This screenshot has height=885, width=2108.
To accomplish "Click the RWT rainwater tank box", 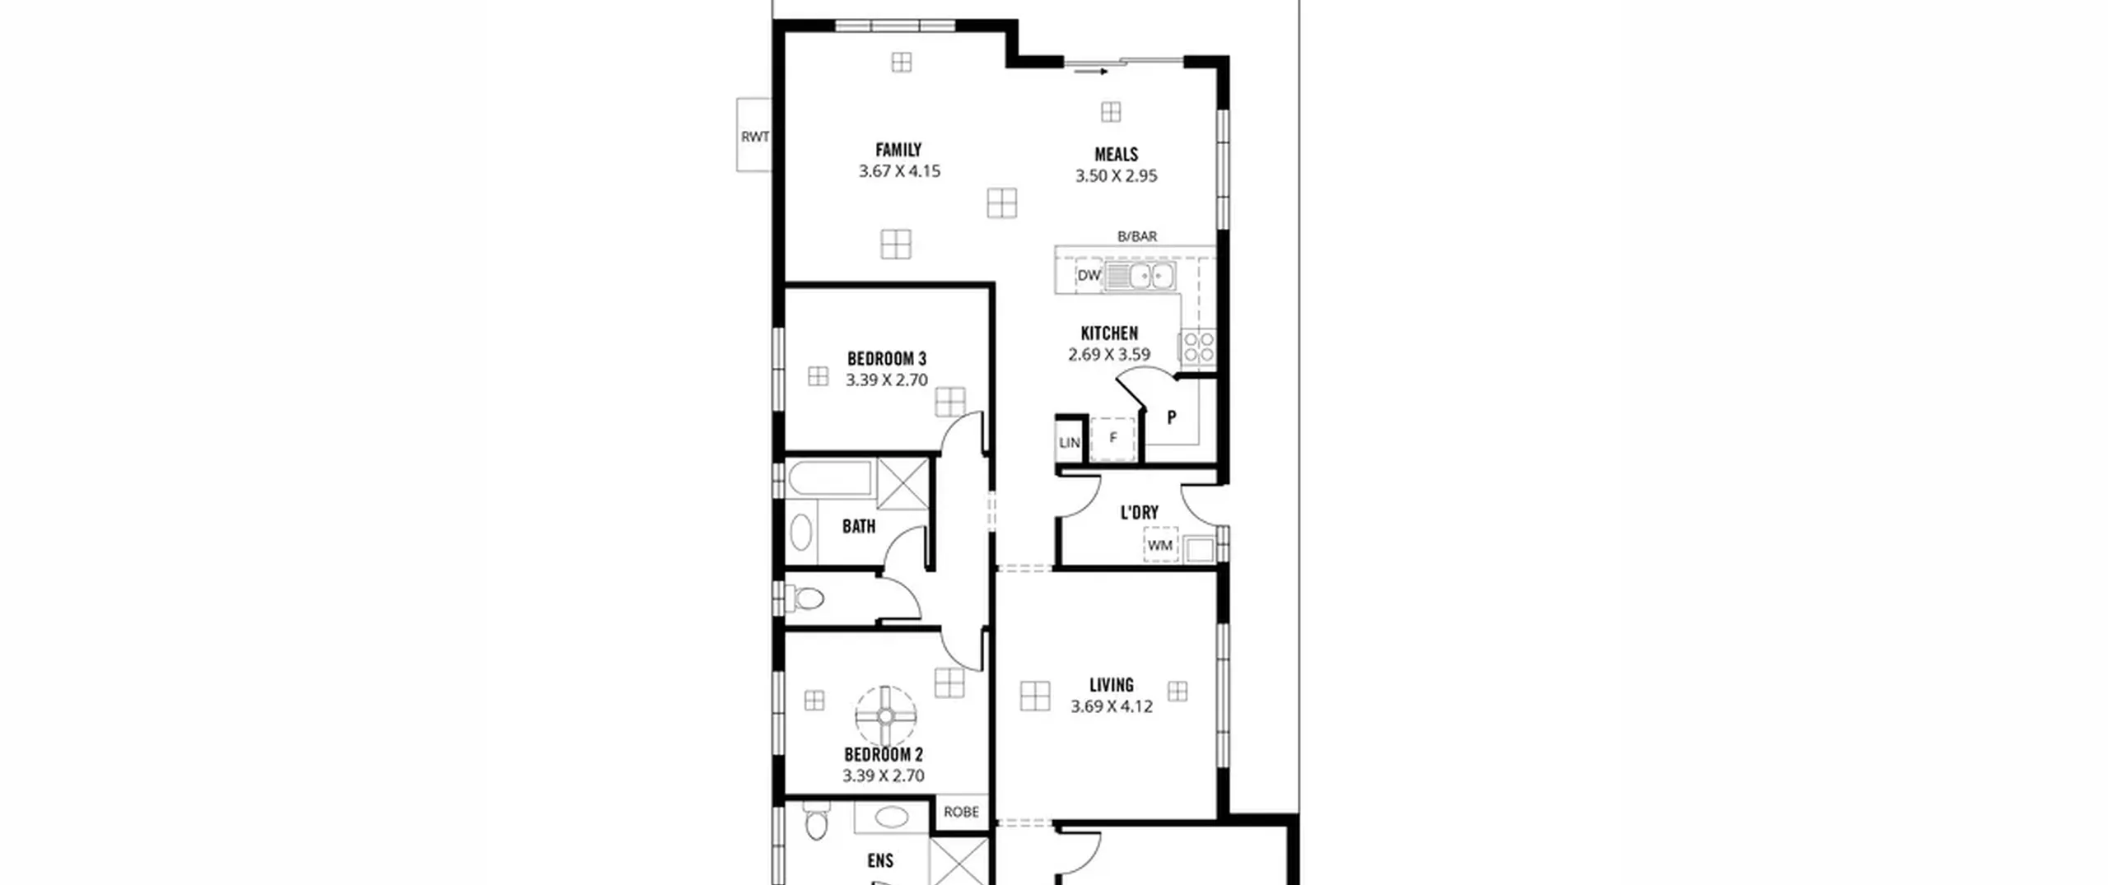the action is point(754,135).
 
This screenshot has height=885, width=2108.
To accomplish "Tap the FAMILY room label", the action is point(898,150).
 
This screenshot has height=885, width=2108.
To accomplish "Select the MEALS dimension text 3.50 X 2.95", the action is point(1116,176).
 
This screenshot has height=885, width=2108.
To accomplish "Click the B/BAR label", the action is point(1136,236).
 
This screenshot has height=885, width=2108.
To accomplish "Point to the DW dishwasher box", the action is point(1089,276).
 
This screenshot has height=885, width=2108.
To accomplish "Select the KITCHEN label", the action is point(1109,333).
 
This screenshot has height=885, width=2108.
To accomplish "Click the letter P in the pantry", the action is point(1171,417).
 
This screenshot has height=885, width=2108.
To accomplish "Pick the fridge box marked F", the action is point(1112,439).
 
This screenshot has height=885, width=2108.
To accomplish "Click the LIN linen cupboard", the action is point(1070,443).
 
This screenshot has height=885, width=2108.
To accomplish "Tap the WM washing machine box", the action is point(1160,545).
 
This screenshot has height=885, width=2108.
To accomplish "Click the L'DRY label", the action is point(1139,513).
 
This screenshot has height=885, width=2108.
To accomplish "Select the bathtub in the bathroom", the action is point(828,479).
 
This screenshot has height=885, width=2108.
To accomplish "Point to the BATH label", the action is point(859,527).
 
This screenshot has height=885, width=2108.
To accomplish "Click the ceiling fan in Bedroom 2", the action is point(885,716).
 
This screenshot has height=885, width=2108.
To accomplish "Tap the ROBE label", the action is point(961,812).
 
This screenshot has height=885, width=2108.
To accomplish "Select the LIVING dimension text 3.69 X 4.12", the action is point(1111,706).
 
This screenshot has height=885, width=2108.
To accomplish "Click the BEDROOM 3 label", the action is point(886,359).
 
